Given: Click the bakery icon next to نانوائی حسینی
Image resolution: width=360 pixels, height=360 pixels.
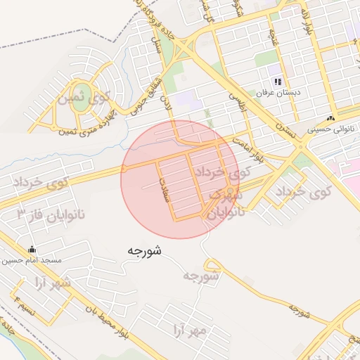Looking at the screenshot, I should [x=330, y=118].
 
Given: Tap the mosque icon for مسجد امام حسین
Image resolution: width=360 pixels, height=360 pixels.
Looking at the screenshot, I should [x=31, y=250].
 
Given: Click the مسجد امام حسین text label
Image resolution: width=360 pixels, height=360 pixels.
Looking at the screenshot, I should [x=31, y=260].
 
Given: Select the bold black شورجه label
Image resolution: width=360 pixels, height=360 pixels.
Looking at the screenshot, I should [x=146, y=250].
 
